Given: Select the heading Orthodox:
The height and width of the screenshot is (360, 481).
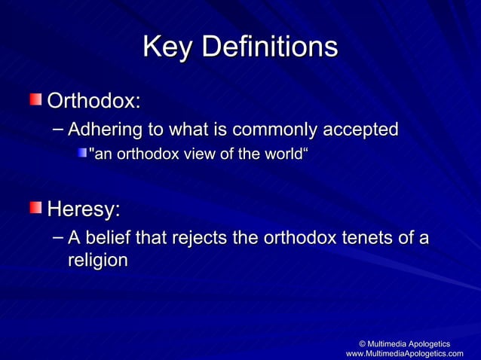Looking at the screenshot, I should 93,100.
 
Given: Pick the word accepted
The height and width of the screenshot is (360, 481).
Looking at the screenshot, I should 361,130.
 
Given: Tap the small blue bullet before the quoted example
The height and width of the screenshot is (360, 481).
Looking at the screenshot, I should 81,154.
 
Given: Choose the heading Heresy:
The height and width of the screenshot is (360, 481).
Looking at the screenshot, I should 83,207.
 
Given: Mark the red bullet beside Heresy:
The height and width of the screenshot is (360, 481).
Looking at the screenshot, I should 36,206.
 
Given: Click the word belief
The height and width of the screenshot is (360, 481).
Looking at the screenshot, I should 111,239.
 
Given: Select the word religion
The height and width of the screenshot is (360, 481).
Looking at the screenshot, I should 97,261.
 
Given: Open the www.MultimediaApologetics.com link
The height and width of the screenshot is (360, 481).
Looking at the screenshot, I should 404,353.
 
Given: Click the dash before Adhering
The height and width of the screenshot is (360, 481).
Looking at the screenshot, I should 58,129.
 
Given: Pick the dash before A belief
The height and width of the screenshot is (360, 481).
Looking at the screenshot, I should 58,238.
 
